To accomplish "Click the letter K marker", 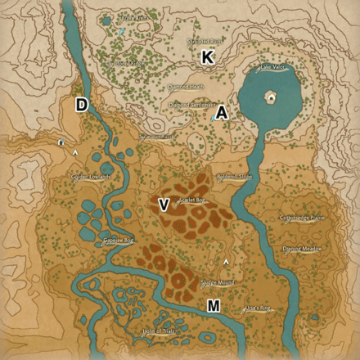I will (208, 57).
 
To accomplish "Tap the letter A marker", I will (223, 114).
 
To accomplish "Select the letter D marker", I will (82, 104).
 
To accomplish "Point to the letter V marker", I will (164, 205).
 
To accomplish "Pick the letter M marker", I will (214, 306).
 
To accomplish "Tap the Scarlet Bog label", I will (192, 199).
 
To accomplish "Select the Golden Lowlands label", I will (90, 176).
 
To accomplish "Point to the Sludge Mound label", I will (218, 282).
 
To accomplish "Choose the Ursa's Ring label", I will (258, 308).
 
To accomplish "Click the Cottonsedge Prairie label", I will (302, 218).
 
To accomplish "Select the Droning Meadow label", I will (303, 248).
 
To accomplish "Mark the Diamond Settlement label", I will (192, 106).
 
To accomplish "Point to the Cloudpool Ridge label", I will (124, 62).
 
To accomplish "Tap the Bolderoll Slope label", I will (235, 175).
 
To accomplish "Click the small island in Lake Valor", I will (270, 97).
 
